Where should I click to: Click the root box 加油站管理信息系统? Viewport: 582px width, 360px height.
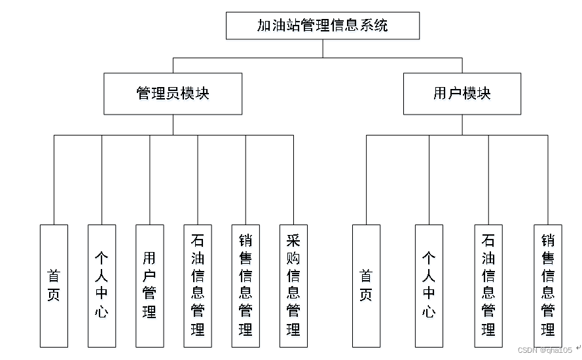click(322, 26)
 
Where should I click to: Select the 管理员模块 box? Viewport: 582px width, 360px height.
click(173, 94)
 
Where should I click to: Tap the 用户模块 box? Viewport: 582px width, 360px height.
click(462, 94)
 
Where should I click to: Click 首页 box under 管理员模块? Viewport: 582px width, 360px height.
click(54, 285)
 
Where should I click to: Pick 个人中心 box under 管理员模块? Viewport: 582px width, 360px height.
click(101, 285)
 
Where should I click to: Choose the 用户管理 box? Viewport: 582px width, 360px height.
click(150, 285)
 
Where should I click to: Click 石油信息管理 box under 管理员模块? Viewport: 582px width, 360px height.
click(198, 285)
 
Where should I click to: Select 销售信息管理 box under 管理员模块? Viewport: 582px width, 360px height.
click(246, 285)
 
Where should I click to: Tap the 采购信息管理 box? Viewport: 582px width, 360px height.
click(293, 285)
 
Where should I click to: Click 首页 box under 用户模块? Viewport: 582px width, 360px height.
click(366, 285)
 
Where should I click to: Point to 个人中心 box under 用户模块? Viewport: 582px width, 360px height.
click(429, 285)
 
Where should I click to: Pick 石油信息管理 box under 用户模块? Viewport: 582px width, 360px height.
click(488, 285)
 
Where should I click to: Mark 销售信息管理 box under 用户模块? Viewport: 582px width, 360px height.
click(547, 285)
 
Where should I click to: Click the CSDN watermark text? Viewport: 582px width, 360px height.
click(544, 350)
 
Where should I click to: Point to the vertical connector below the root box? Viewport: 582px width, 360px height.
click(322, 48)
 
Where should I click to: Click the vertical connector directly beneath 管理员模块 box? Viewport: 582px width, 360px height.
click(173, 124)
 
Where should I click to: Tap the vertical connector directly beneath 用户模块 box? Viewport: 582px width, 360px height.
click(462, 124)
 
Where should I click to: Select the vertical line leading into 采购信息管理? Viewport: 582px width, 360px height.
click(293, 180)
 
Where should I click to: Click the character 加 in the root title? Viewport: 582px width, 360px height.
click(264, 26)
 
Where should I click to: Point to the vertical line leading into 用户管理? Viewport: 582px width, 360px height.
click(150, 180)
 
